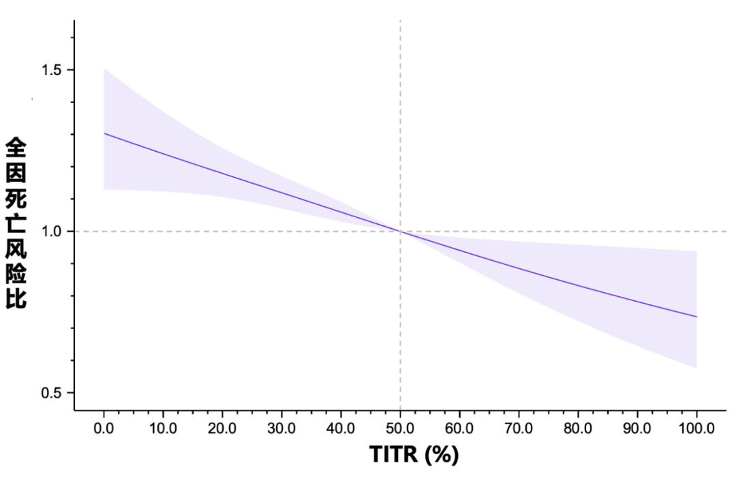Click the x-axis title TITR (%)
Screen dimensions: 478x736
(x=414, y=454)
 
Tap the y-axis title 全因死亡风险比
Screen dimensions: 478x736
(x=16, y=223)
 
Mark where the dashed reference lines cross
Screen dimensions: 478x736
(x=400, y=232)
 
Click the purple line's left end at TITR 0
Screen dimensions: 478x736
(x=104, y=133)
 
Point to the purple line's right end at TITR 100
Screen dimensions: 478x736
(x=696, y=317)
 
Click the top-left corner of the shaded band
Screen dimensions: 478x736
(x=104, y=69)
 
